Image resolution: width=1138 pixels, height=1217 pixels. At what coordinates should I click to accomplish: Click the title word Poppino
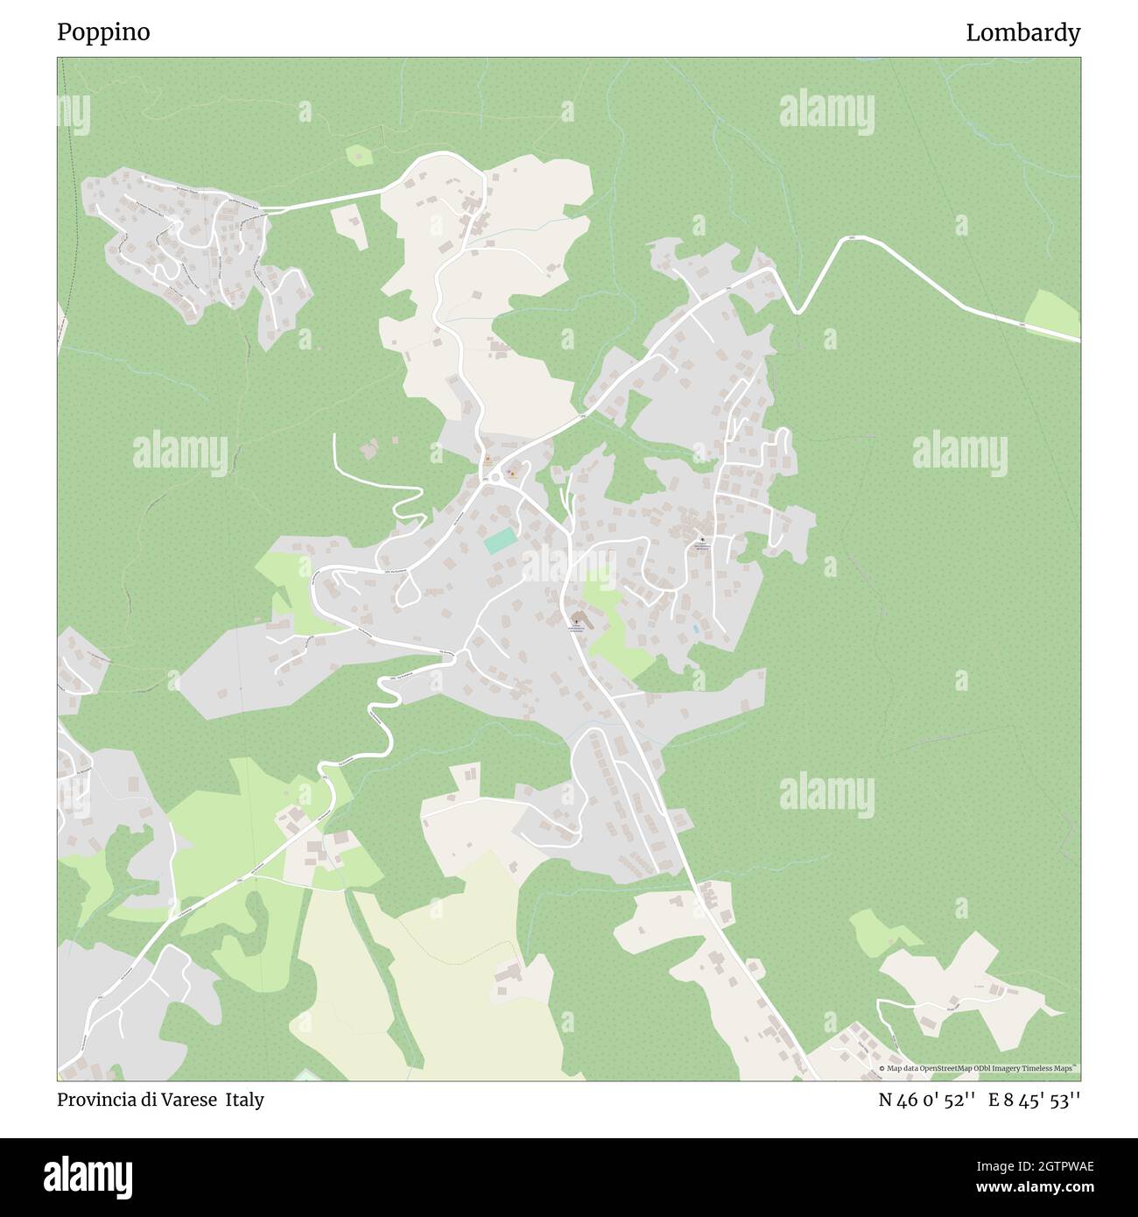point(103,32)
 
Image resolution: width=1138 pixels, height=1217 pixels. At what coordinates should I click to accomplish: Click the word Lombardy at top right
point(1022,32)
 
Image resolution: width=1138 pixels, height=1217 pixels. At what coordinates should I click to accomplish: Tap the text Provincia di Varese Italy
point(160,1100)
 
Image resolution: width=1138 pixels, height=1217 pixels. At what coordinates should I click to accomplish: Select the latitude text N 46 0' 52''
point(927,1100)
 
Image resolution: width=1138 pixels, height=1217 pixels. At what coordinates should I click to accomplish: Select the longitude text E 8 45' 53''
point(1035,1100)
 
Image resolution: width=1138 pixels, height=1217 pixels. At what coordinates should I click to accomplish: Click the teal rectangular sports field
point(501,541)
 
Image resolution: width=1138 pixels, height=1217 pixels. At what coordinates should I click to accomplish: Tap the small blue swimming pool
point(696,629)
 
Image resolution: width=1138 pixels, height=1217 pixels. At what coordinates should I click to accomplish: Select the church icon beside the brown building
point(576,617)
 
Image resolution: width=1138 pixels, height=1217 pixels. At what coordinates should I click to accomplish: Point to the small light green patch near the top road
point(359,156)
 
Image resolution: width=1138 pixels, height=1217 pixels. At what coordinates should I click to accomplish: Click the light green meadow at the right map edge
point(1053,313)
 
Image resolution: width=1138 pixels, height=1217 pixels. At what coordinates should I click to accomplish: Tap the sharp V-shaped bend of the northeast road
point(797,310)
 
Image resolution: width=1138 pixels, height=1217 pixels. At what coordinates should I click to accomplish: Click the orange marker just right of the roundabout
point(512,474)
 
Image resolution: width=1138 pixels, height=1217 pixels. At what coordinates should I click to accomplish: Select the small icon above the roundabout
point(488,459)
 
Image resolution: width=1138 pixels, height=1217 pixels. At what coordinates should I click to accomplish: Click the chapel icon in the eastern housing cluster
point(701,539)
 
